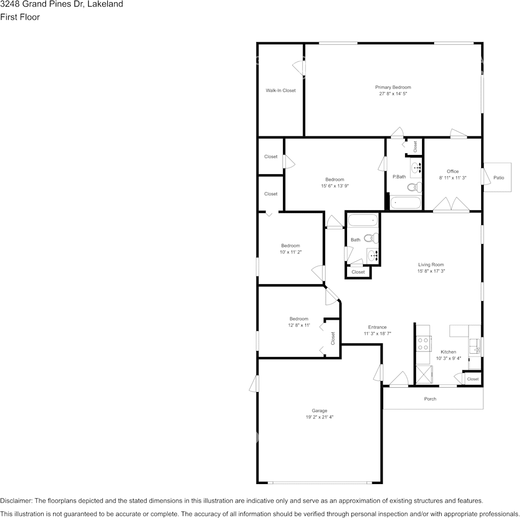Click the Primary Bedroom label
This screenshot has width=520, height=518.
[392, 87]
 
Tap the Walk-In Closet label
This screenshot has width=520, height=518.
[280, 90]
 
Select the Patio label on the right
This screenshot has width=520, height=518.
[499, 177]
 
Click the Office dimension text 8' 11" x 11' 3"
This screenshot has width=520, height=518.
[452, 178]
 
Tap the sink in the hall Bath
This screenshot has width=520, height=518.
[373, 255]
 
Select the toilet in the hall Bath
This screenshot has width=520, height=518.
[371, 238]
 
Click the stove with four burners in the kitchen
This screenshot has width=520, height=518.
[423, 344]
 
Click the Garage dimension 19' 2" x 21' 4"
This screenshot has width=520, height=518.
[319, 417]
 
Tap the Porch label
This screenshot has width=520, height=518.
[430, 399]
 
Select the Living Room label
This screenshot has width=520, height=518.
[431, 264]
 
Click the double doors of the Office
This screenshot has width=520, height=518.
[451, 206]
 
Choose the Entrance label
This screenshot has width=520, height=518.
[377, 327]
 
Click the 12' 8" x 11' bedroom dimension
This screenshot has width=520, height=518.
[299, 325]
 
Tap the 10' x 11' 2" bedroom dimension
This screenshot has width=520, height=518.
[291, 252]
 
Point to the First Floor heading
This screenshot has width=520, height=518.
[20, 17]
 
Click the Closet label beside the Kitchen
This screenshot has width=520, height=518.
[472, 379]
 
